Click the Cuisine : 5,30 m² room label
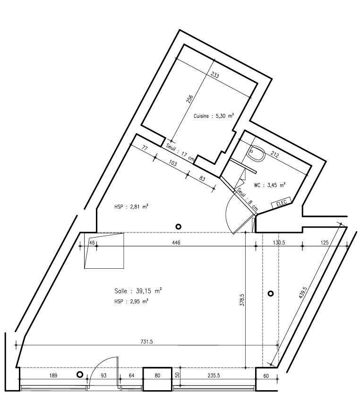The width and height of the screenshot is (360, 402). click(214, 116)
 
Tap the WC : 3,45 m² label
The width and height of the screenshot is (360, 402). click(270, 185)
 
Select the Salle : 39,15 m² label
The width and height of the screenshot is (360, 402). click(138, 291)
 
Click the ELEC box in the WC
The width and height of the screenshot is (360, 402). click(281, 202)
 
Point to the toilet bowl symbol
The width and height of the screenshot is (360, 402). click(257, 153)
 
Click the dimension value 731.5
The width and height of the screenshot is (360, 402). click(146, 342)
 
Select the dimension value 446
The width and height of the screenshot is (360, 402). click(176, 242)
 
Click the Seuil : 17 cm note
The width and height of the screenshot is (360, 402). click(180, 153)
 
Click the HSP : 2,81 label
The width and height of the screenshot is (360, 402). click(131, 206)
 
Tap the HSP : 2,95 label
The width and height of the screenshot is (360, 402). click(131, 301)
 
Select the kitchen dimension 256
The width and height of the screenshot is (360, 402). click(189, 99)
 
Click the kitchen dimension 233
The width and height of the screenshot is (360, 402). click(215, 76)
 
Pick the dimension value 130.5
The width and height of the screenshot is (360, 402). click(279, 242)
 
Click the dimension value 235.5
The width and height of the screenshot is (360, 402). click(214, 376)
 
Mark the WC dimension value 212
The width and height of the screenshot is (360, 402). click(275, 154)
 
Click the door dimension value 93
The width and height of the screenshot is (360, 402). click(103, 376)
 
